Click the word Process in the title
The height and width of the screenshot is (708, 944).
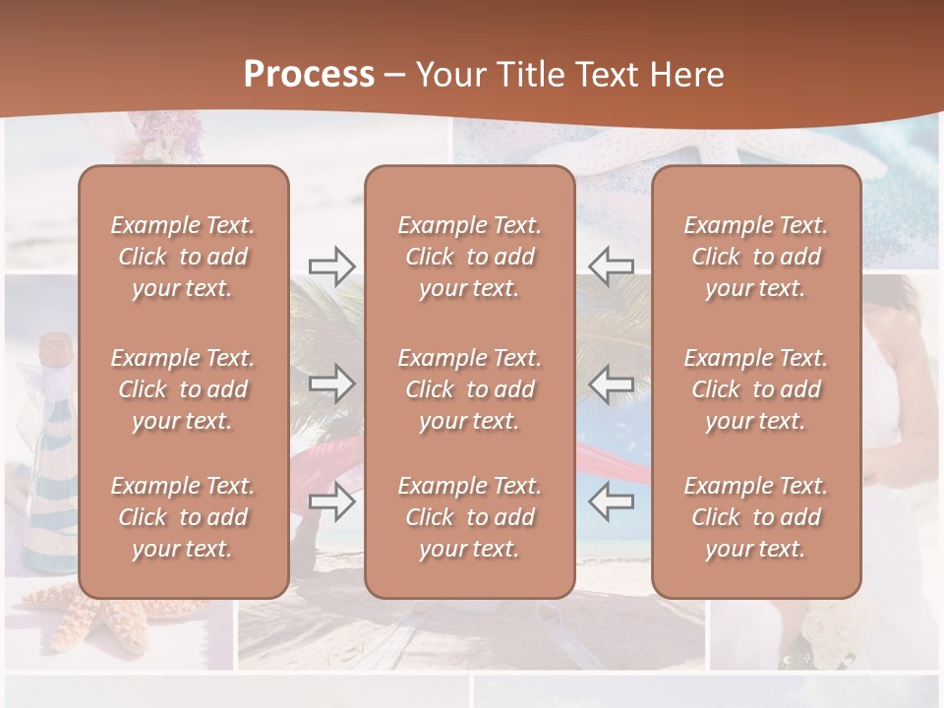[309, 74]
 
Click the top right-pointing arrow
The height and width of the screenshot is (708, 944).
[331, 265]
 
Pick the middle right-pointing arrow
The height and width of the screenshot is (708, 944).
[331, 383]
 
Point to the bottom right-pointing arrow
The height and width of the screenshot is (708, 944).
[331, 501]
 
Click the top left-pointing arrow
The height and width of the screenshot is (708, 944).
[611, 265]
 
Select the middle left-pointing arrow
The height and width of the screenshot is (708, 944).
[611, 383]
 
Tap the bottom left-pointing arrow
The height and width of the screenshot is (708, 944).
[611, 501]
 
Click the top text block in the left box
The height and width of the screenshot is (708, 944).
[183, 257]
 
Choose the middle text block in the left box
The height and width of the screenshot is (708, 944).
[183, 389]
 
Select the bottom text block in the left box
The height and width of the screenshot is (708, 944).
[183, 517]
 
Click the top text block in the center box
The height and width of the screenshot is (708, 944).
[469, 257]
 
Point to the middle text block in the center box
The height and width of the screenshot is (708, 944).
[469, 389]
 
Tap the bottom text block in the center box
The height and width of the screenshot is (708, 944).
[469, 517]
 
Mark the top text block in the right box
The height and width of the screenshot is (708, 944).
[755, 257]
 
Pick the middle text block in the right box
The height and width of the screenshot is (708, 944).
[755, 389]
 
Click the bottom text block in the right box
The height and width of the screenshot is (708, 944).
[755, 517]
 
